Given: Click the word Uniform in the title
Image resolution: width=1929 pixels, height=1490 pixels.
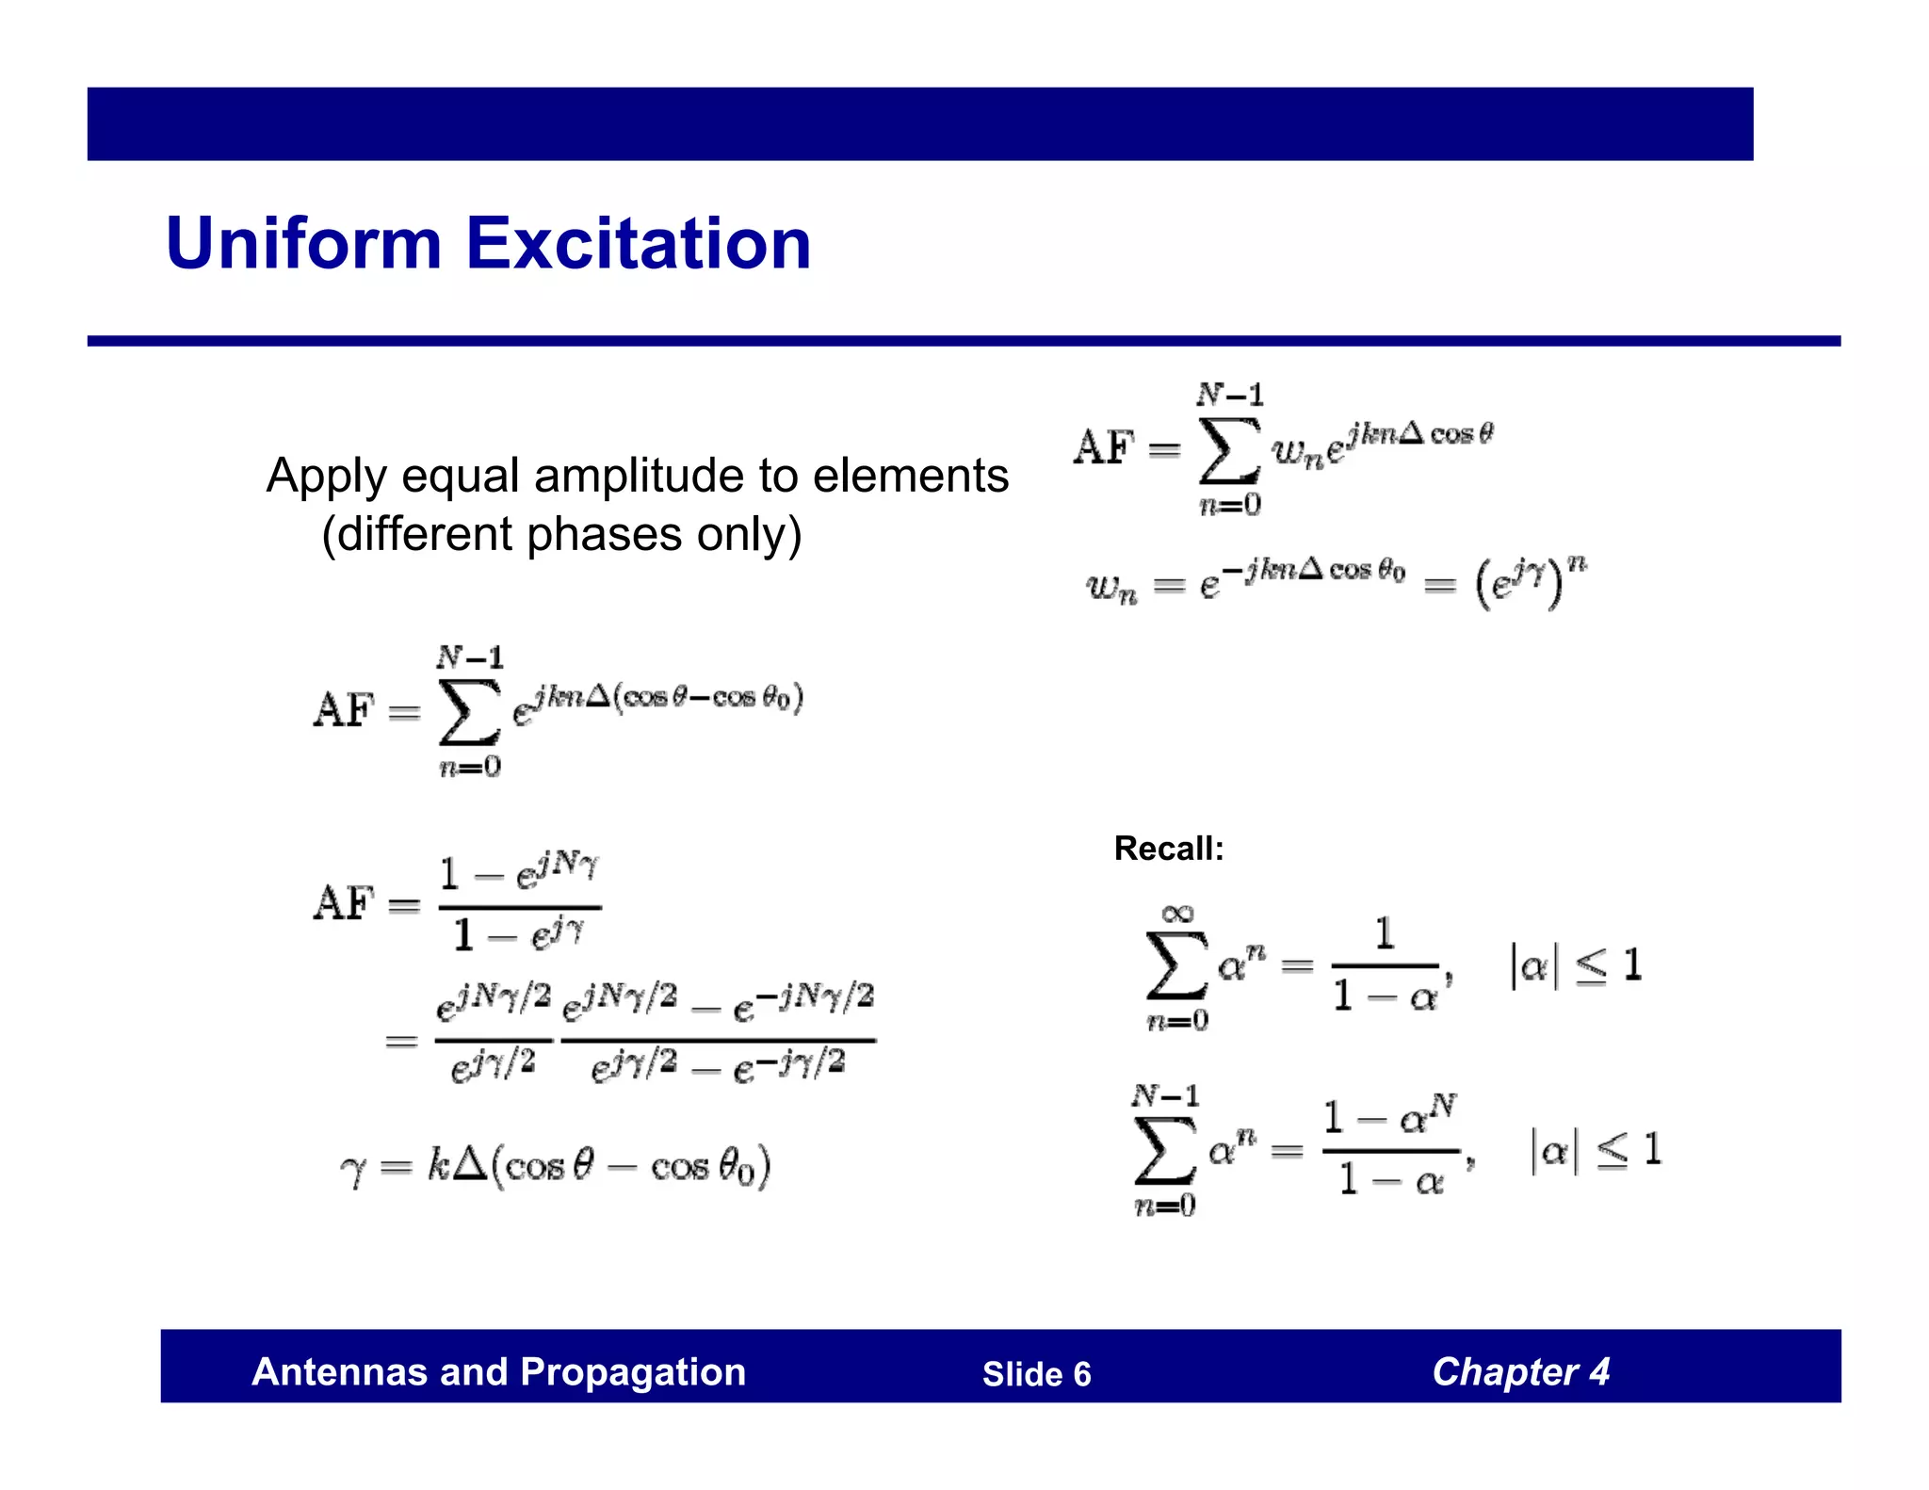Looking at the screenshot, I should click(303, 243).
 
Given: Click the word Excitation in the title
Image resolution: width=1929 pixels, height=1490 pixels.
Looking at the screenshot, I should click(638, 243).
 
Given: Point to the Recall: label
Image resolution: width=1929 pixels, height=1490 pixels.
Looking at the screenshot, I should click(1169, 849).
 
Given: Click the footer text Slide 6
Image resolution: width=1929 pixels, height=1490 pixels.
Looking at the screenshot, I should click(1036, 1374).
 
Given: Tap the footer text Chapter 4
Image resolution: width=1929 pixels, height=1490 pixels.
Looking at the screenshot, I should click(1520, 1372).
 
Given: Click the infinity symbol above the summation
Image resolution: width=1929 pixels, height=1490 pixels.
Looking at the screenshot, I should click(1177, 914).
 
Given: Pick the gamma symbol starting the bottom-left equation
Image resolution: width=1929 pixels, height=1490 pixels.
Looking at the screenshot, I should click(352, 1171).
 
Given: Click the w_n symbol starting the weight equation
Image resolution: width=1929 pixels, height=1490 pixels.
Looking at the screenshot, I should click(1111, 588).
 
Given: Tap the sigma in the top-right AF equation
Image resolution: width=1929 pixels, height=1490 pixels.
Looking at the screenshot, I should click(1229, 450).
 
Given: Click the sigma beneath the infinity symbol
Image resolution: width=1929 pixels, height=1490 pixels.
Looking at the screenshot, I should click(1176, 965).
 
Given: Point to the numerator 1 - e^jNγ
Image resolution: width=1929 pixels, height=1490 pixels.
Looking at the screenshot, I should click(519, 872).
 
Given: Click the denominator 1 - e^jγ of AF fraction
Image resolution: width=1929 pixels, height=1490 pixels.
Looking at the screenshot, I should click(519, 935).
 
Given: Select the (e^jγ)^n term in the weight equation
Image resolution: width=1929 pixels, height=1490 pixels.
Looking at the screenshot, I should click(1531, 581).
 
